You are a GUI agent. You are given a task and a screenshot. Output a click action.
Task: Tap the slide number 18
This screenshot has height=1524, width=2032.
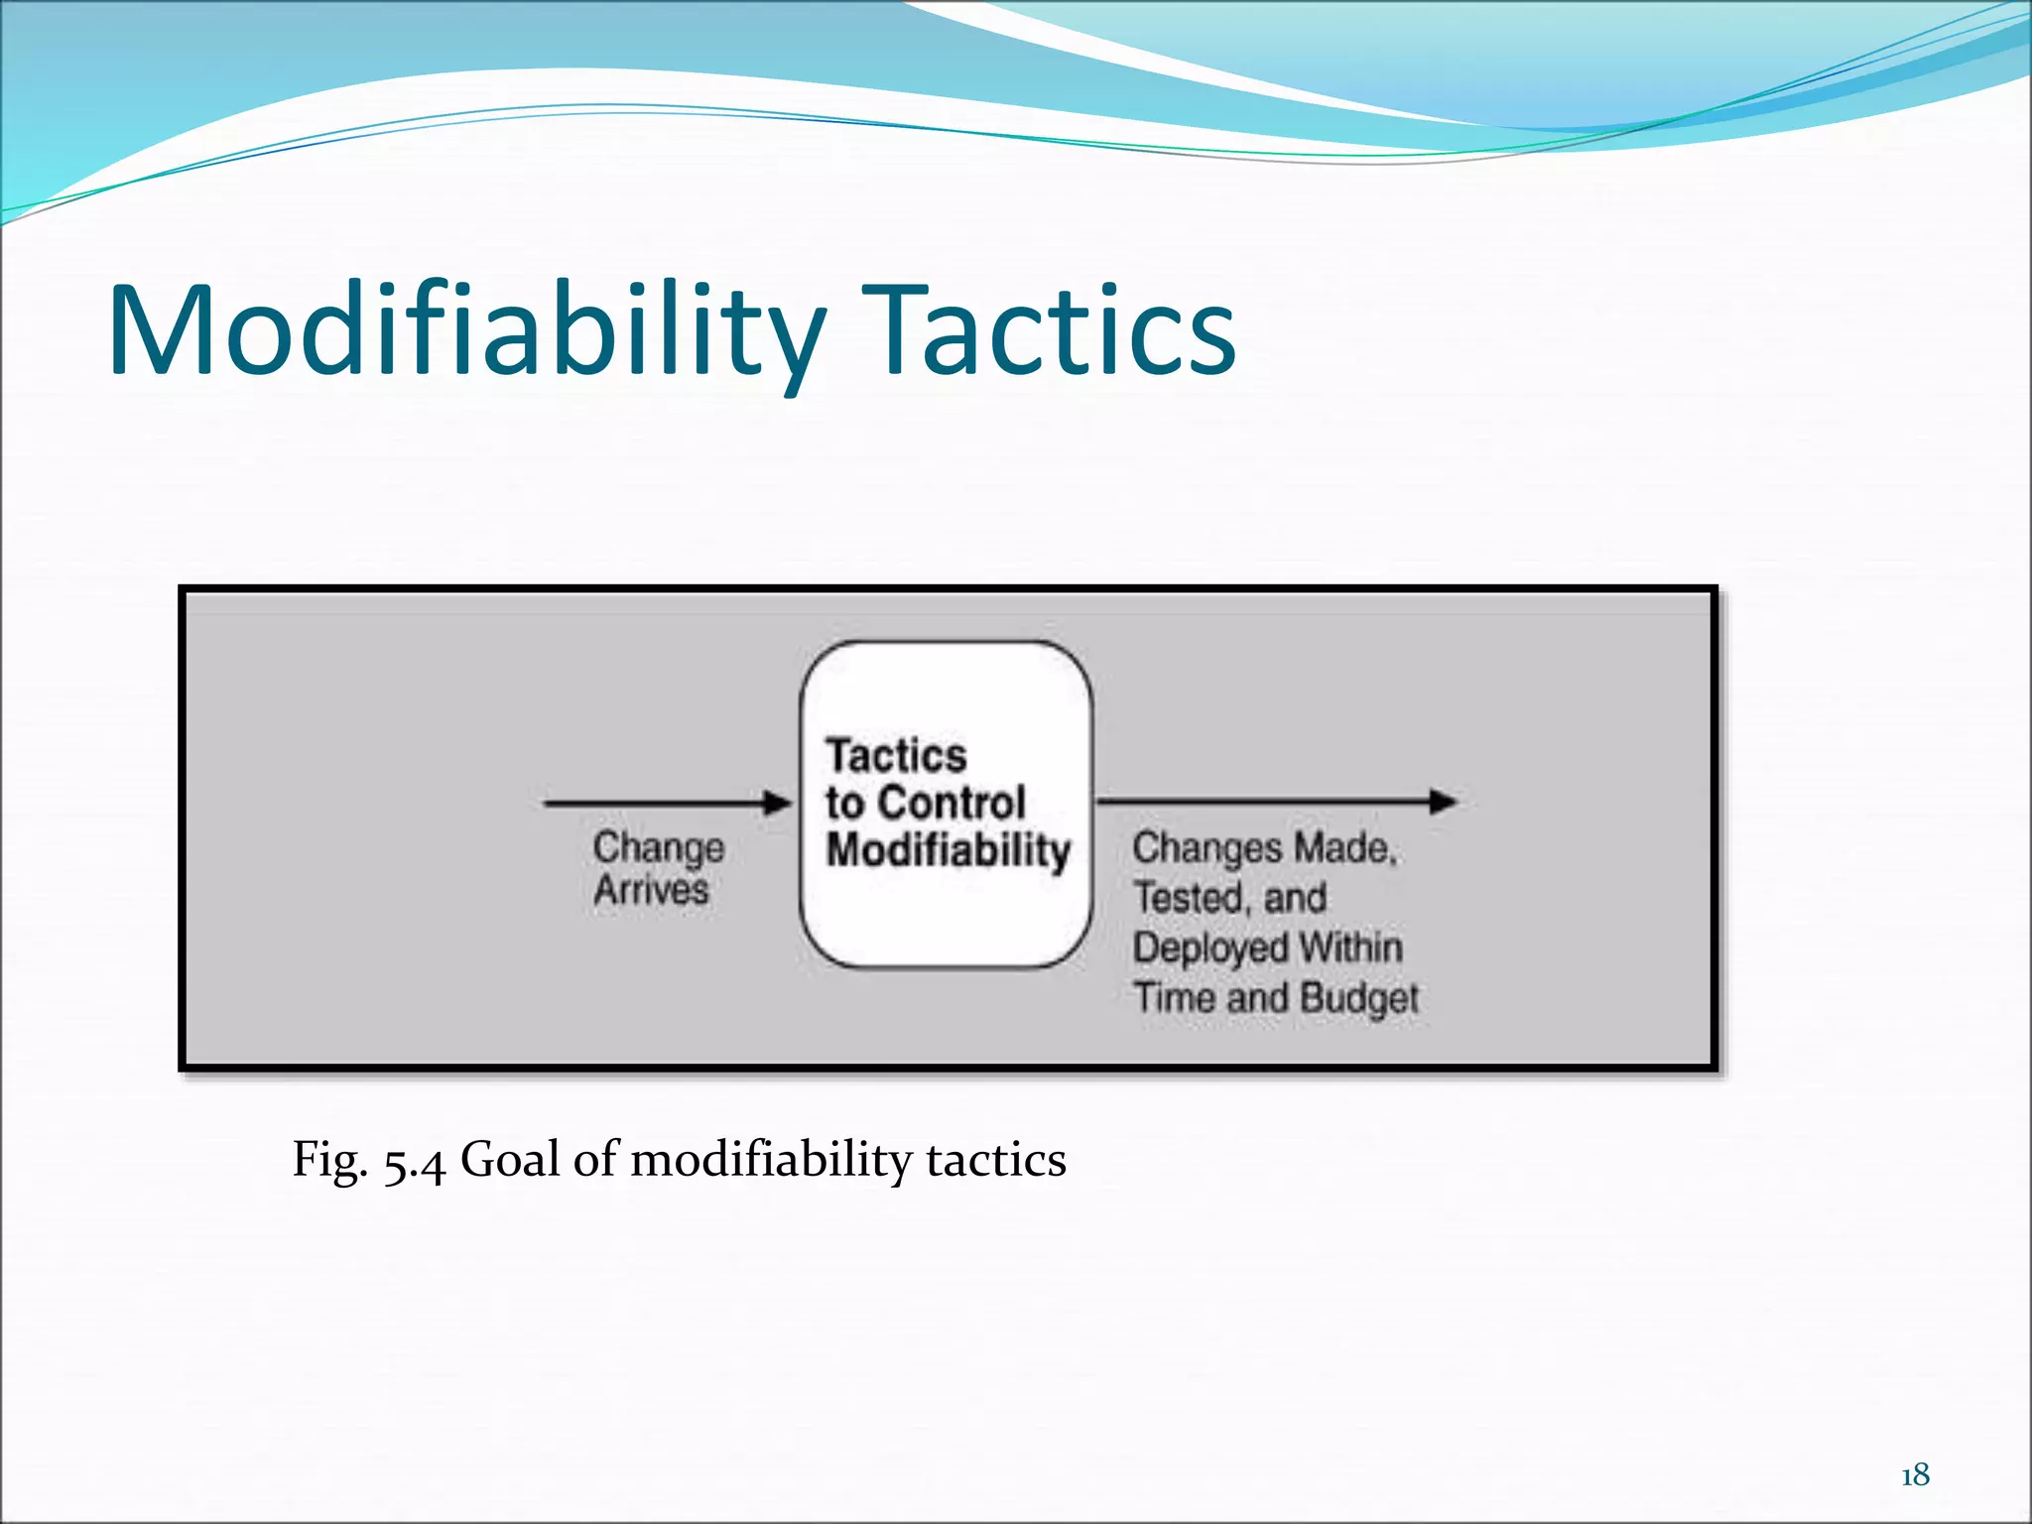click(1915, 1474)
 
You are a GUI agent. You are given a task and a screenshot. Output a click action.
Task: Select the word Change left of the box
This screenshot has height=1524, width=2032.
click(659, 849)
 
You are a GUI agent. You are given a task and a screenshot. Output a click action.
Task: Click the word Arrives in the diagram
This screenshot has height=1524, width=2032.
click(651, 890)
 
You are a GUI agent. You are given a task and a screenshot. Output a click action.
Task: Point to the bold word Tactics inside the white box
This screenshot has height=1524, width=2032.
click(896, 756)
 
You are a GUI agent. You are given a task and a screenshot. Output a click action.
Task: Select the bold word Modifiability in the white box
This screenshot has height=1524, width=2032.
click(949, 850)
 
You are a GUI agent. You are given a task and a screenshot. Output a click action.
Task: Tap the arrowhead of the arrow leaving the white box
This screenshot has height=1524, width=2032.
click(1443, 801)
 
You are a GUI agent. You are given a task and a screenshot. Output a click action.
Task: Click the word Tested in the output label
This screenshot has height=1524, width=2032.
click(1188, 899)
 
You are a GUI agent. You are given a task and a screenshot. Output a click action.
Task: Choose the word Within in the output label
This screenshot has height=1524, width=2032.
click(1350, 948)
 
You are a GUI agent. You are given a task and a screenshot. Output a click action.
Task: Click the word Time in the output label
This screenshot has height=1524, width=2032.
click(1175, 997)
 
